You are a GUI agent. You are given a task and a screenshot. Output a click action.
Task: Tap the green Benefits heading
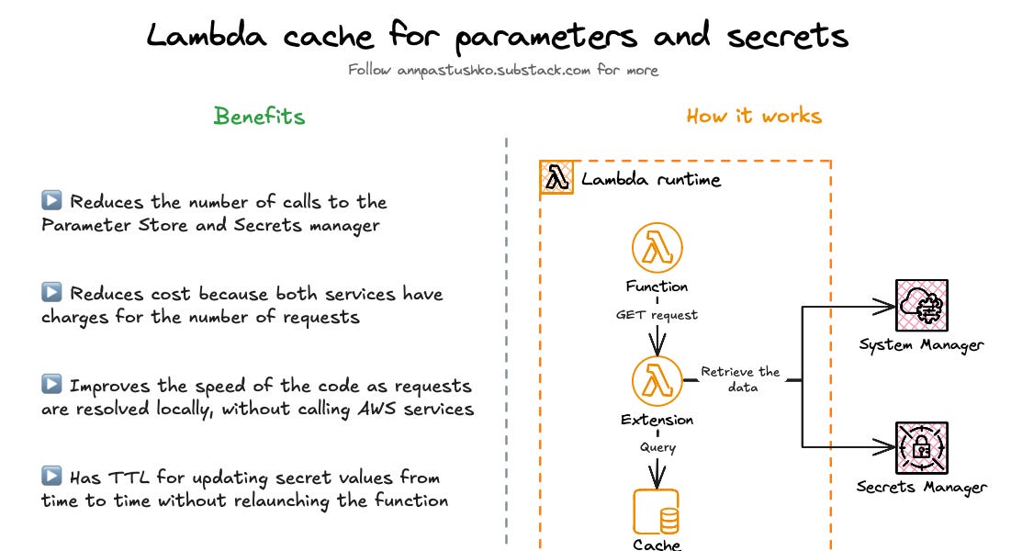pos(259,116)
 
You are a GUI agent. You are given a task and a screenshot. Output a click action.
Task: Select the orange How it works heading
pos(754,116)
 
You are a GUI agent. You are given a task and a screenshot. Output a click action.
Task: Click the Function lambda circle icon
pos(657,248)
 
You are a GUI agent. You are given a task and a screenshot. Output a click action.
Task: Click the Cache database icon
pos(657,512)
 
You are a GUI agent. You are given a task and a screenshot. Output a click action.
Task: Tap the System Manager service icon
pos(921,306)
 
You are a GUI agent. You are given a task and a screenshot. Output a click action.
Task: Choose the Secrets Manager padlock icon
pos(921,447)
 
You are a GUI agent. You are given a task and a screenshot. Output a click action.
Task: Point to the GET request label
pos(657,314)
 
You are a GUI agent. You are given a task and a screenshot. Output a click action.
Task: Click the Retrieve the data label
pos(740,379)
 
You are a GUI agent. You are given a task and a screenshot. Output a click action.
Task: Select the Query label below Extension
pos(657,447)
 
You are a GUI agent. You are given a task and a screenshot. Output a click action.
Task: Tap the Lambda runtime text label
pos(651,179)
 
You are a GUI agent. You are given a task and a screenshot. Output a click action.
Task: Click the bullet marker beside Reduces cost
pos(51,293)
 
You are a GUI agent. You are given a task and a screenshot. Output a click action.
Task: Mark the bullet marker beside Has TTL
pos(51,477)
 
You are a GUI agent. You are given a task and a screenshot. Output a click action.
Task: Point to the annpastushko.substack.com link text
pos(494,70)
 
